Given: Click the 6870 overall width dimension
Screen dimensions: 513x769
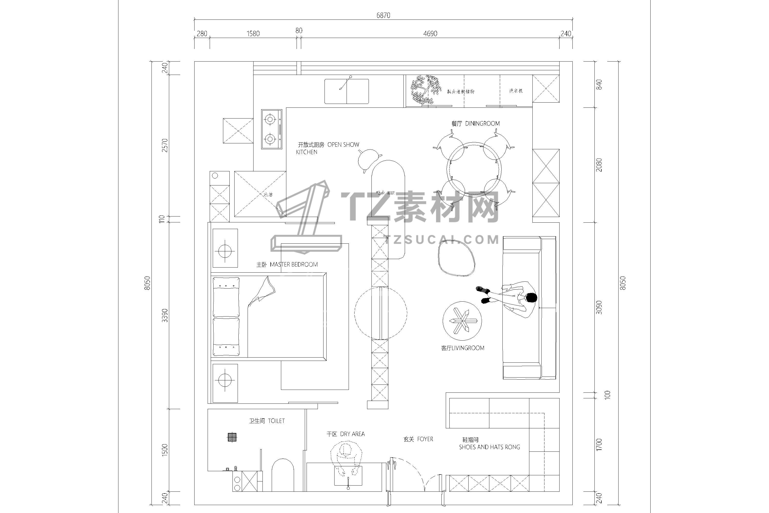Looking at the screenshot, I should tap(383, 15).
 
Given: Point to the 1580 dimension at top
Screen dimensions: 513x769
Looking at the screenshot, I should tap(253, 34).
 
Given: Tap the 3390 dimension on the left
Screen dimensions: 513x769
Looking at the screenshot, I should tap(165, 315).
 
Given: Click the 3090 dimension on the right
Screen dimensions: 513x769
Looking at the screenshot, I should tap(599, 308).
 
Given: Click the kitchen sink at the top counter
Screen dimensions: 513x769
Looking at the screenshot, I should tap(347, 91).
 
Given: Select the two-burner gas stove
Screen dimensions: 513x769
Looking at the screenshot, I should tap(271, 129).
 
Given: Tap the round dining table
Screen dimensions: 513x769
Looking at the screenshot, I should tap(474, 170).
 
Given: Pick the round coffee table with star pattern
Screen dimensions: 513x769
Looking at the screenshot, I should tap(462, 321).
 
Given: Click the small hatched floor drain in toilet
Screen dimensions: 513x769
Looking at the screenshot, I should tap(232, 437).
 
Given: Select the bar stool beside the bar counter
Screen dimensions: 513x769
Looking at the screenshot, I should tap(369, 159).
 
